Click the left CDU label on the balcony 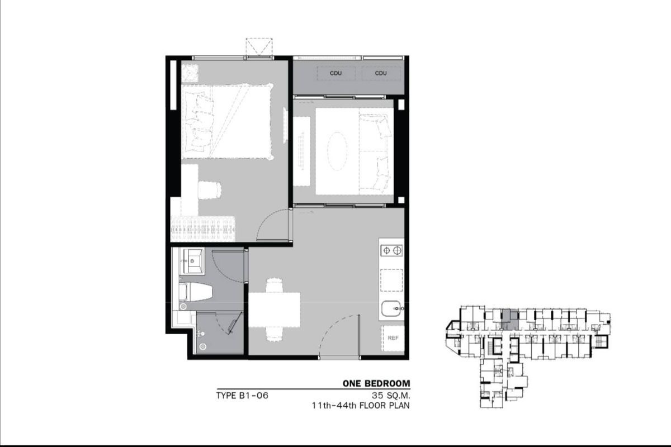335,73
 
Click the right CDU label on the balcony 381,73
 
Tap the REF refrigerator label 393,338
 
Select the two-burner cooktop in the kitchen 391,250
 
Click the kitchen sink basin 391,308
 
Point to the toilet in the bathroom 195,292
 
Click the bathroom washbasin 192,261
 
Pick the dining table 275,310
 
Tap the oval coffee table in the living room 337,151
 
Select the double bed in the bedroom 227,121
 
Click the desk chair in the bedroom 210,190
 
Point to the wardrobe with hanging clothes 202,229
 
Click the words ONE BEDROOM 376,383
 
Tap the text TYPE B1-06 242,396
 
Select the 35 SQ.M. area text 391,396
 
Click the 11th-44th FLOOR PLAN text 361,406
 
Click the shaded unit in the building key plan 511,320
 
